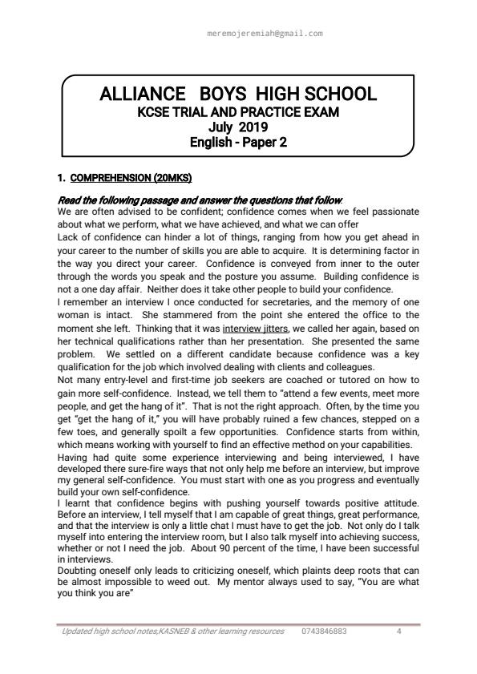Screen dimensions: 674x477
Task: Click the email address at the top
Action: point(265,34)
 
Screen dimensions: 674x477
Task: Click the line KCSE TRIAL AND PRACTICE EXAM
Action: point(238,112)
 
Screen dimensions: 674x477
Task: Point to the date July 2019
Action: point(238,127)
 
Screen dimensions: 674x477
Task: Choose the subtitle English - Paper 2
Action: point(238,143)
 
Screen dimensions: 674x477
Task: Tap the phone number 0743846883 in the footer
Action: point(325,632)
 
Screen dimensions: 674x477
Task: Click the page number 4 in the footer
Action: point(398,632)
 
